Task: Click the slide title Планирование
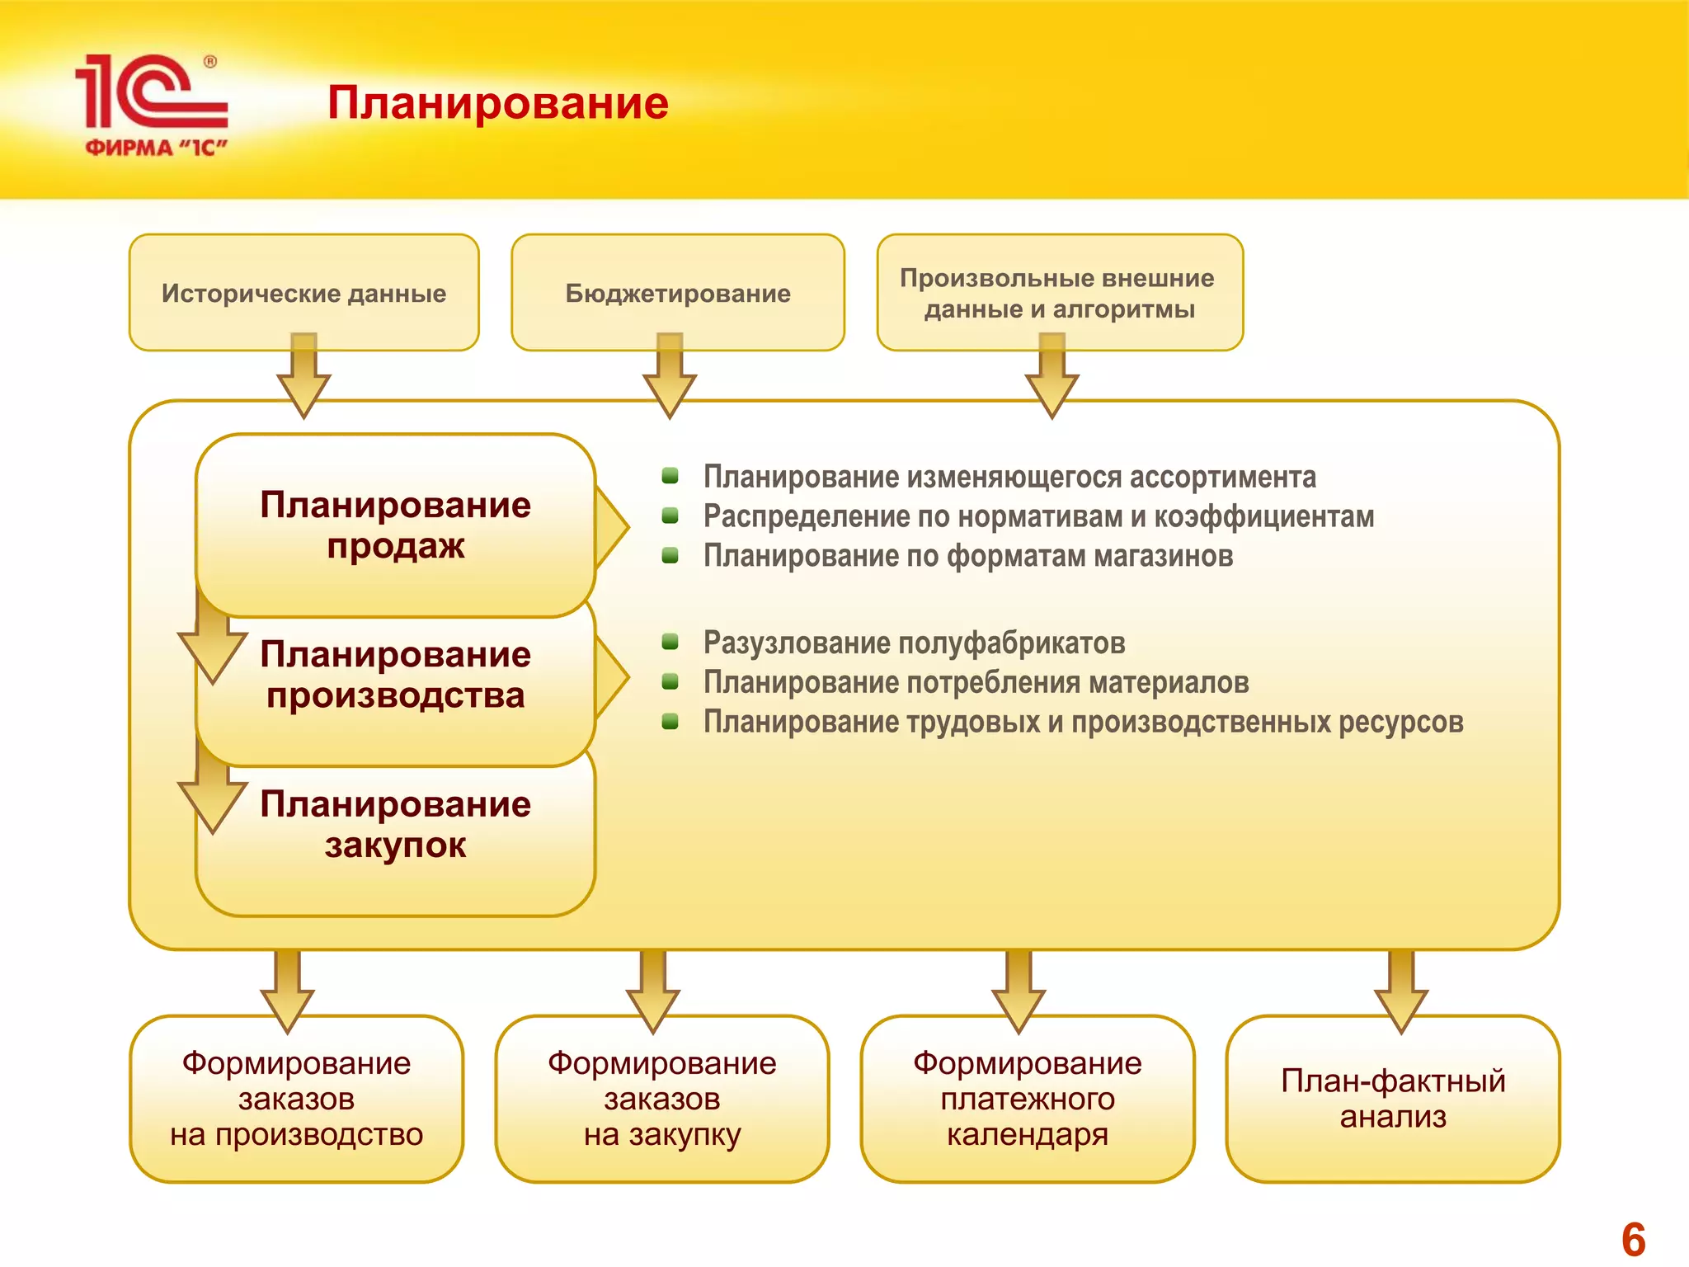pyautogui.click(x=497, y=103)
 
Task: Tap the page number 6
pyautogui.click(x=1632, y=1238)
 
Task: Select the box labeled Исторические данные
pyautogui.click(x=303, y=292)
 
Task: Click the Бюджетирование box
pyautogui.click(x=677, y=292)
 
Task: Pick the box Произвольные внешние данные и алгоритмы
pyautogui.click(x=1059, y=292)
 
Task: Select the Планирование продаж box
pyautogui.click(x=395, y=525)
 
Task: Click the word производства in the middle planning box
pyautogui.click(x=395, y=695)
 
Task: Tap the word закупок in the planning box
pyautogui.click(x=395, y=845)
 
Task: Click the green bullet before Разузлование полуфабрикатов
pyautogui.click(x=670, y=642)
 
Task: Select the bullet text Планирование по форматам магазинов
pyautogui.click(x=967, y=556)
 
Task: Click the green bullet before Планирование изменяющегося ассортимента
pyautogui.click(x=670, y=475)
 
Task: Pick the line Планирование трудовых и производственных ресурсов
pyautogui.click(x=1083, y=722)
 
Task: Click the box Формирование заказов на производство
pyautogui.click(x=296, y=1098)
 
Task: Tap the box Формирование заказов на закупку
pyautogui.click(x=661, y=1098)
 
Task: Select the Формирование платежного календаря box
pyautogui.click(x=1027, y=1098)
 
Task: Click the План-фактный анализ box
pyautogui.click(x=1392, y=1098)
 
